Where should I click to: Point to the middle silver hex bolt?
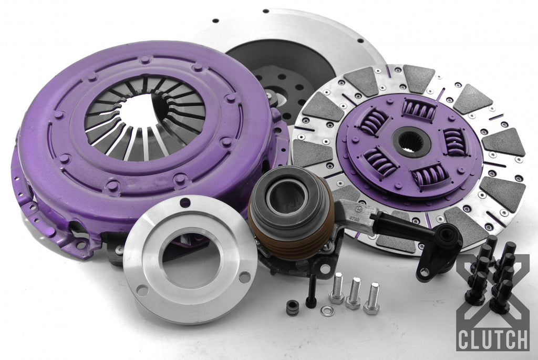coord(354,293)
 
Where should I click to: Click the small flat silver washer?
coord(327,311)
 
